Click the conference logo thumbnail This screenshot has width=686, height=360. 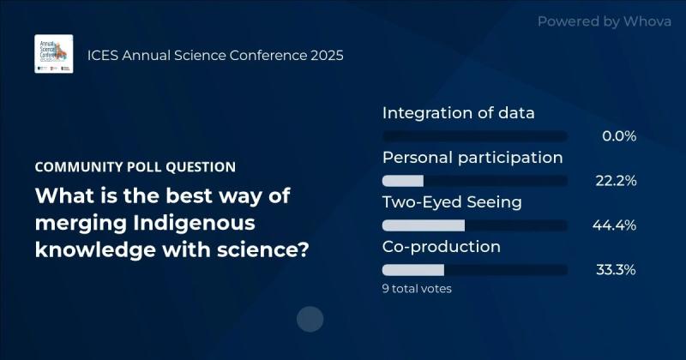point(53,54)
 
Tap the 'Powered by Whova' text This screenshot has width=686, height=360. point(605,21)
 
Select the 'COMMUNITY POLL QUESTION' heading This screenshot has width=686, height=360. point(135,167)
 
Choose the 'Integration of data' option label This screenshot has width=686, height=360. point(458,113)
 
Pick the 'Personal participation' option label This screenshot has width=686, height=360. point(472,158)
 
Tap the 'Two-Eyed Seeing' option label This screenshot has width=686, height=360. point(452,202)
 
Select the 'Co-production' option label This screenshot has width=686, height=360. point(441,247)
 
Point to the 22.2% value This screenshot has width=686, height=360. point(615,181)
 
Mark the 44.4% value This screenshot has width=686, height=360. point(615,225)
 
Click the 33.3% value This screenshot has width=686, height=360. point(615,270)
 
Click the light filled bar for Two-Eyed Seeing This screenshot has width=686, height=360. point(423,225)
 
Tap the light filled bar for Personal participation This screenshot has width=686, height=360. point(403,181)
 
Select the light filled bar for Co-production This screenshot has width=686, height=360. point(412,270)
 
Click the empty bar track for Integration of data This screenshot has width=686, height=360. point(474,136)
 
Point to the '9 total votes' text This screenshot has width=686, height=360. point(417,289)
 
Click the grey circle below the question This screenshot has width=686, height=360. point(310,320)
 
